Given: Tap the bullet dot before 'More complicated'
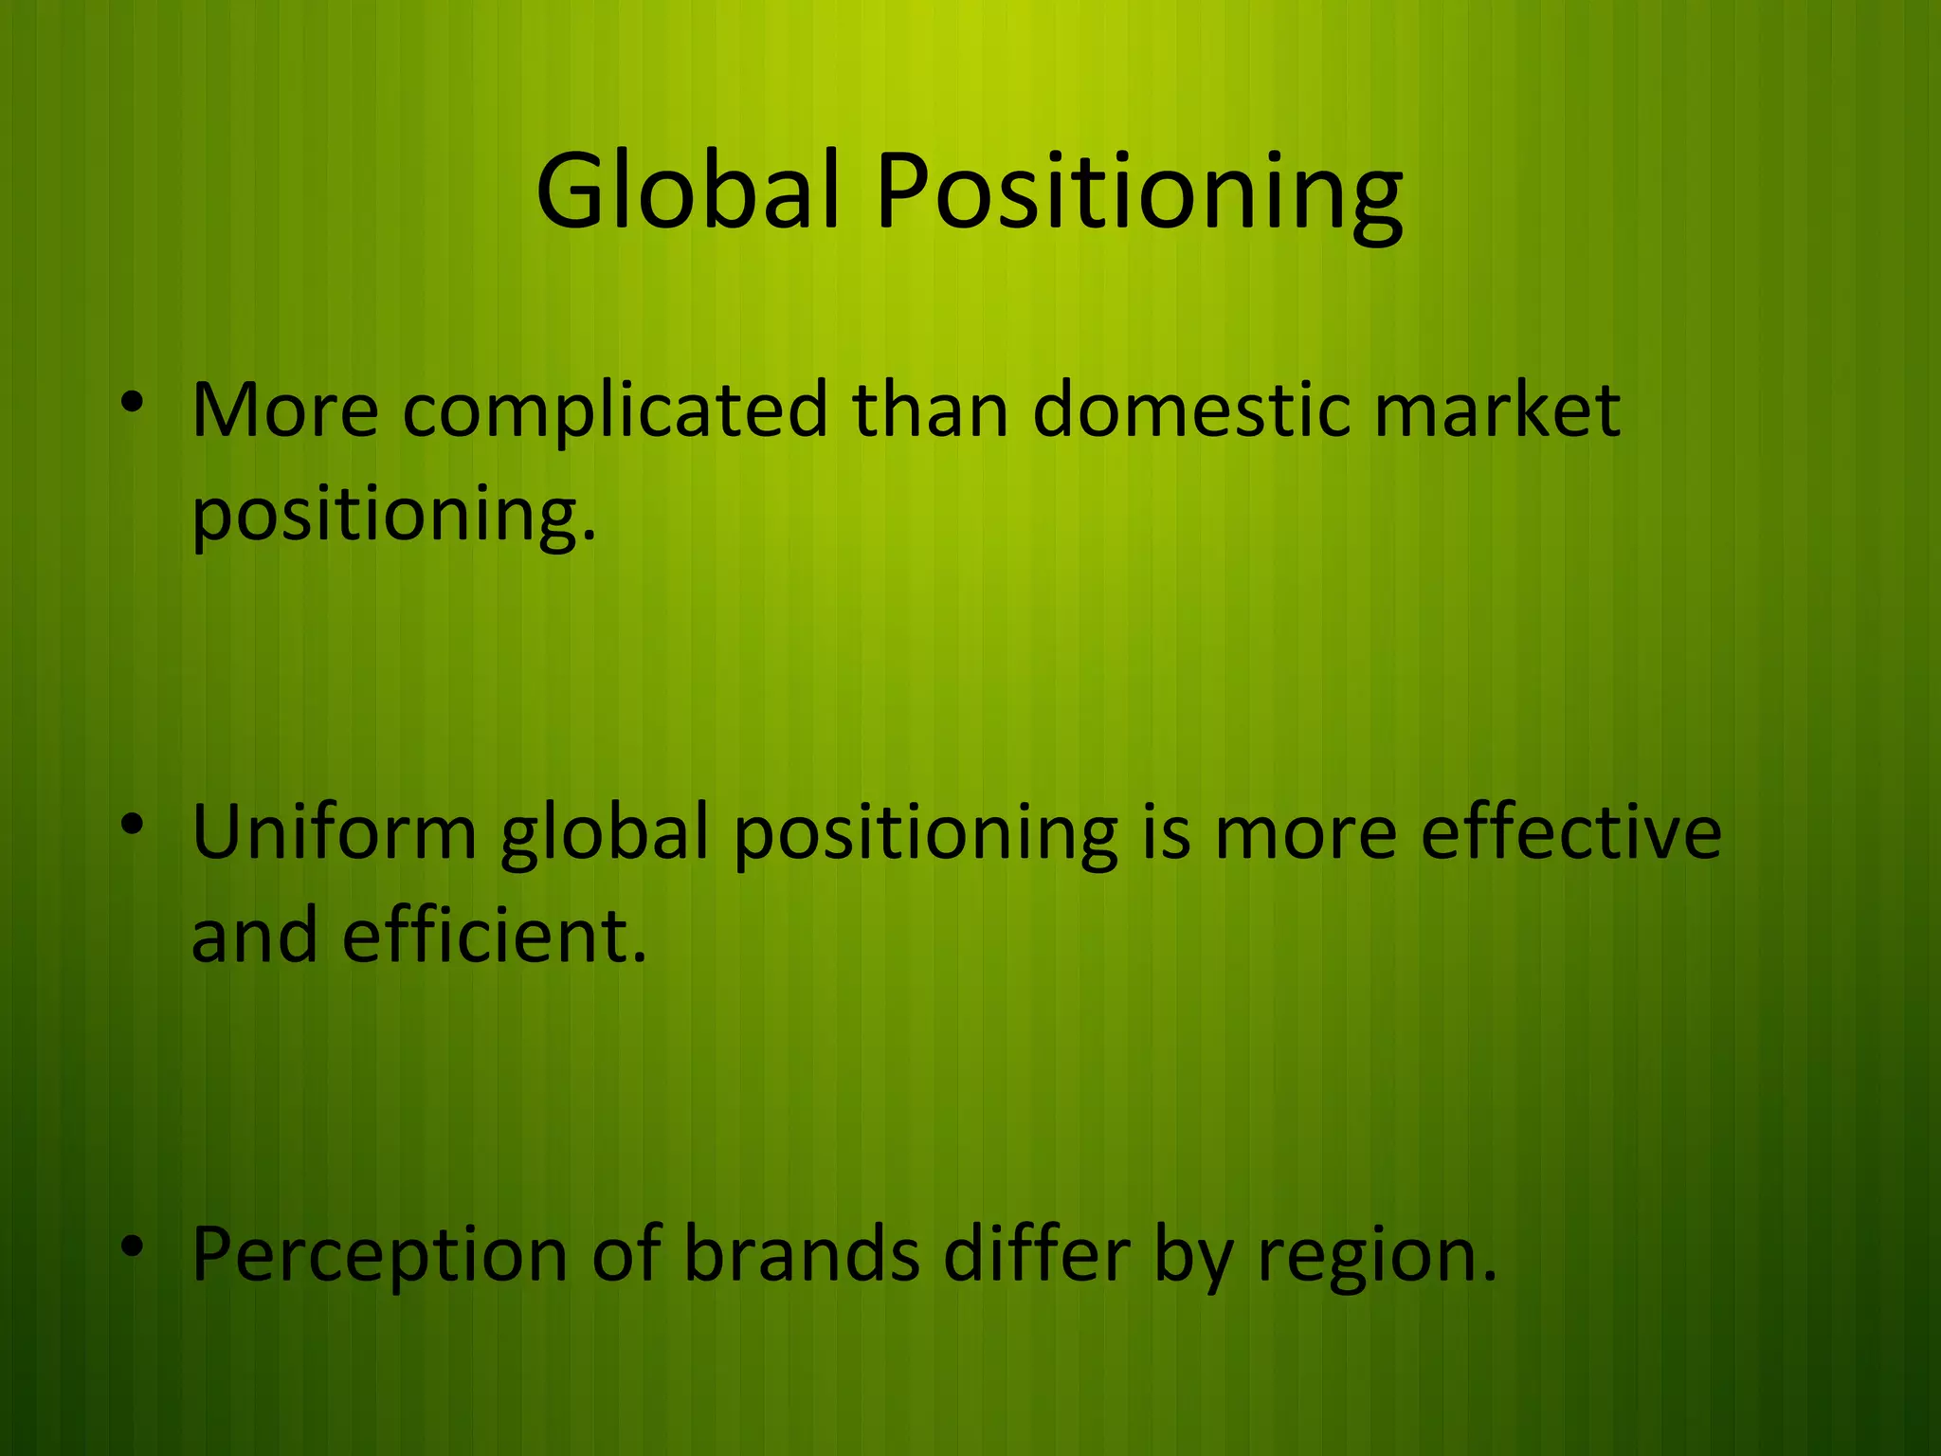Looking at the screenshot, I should point(132,402).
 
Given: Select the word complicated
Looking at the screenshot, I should point(615,412).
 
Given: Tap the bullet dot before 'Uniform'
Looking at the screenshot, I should point(132,824).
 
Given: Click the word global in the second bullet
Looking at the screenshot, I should point(605,834).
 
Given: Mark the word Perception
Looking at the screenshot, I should point(380,1257).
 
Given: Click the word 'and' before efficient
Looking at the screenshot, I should point(254,936).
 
